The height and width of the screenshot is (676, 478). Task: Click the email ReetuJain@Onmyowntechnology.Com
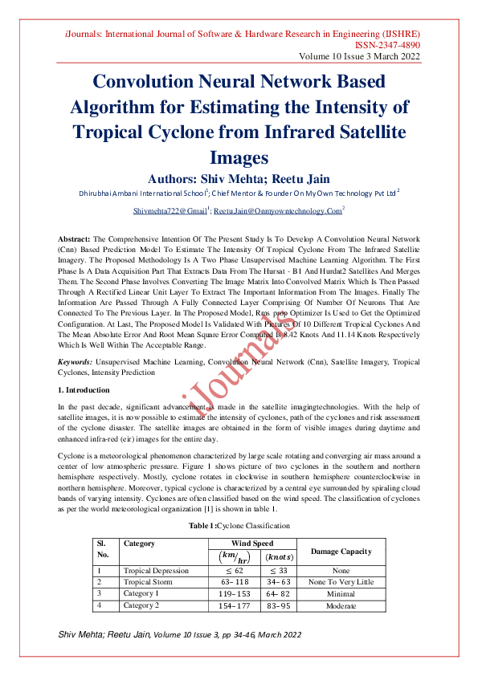(278, 210)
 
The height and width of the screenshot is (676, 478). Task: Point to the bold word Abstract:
(75, 240)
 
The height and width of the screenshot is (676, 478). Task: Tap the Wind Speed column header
(251, 544)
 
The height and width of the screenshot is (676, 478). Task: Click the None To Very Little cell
(341, 582)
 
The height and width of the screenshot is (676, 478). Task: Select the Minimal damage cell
(341, 594)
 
